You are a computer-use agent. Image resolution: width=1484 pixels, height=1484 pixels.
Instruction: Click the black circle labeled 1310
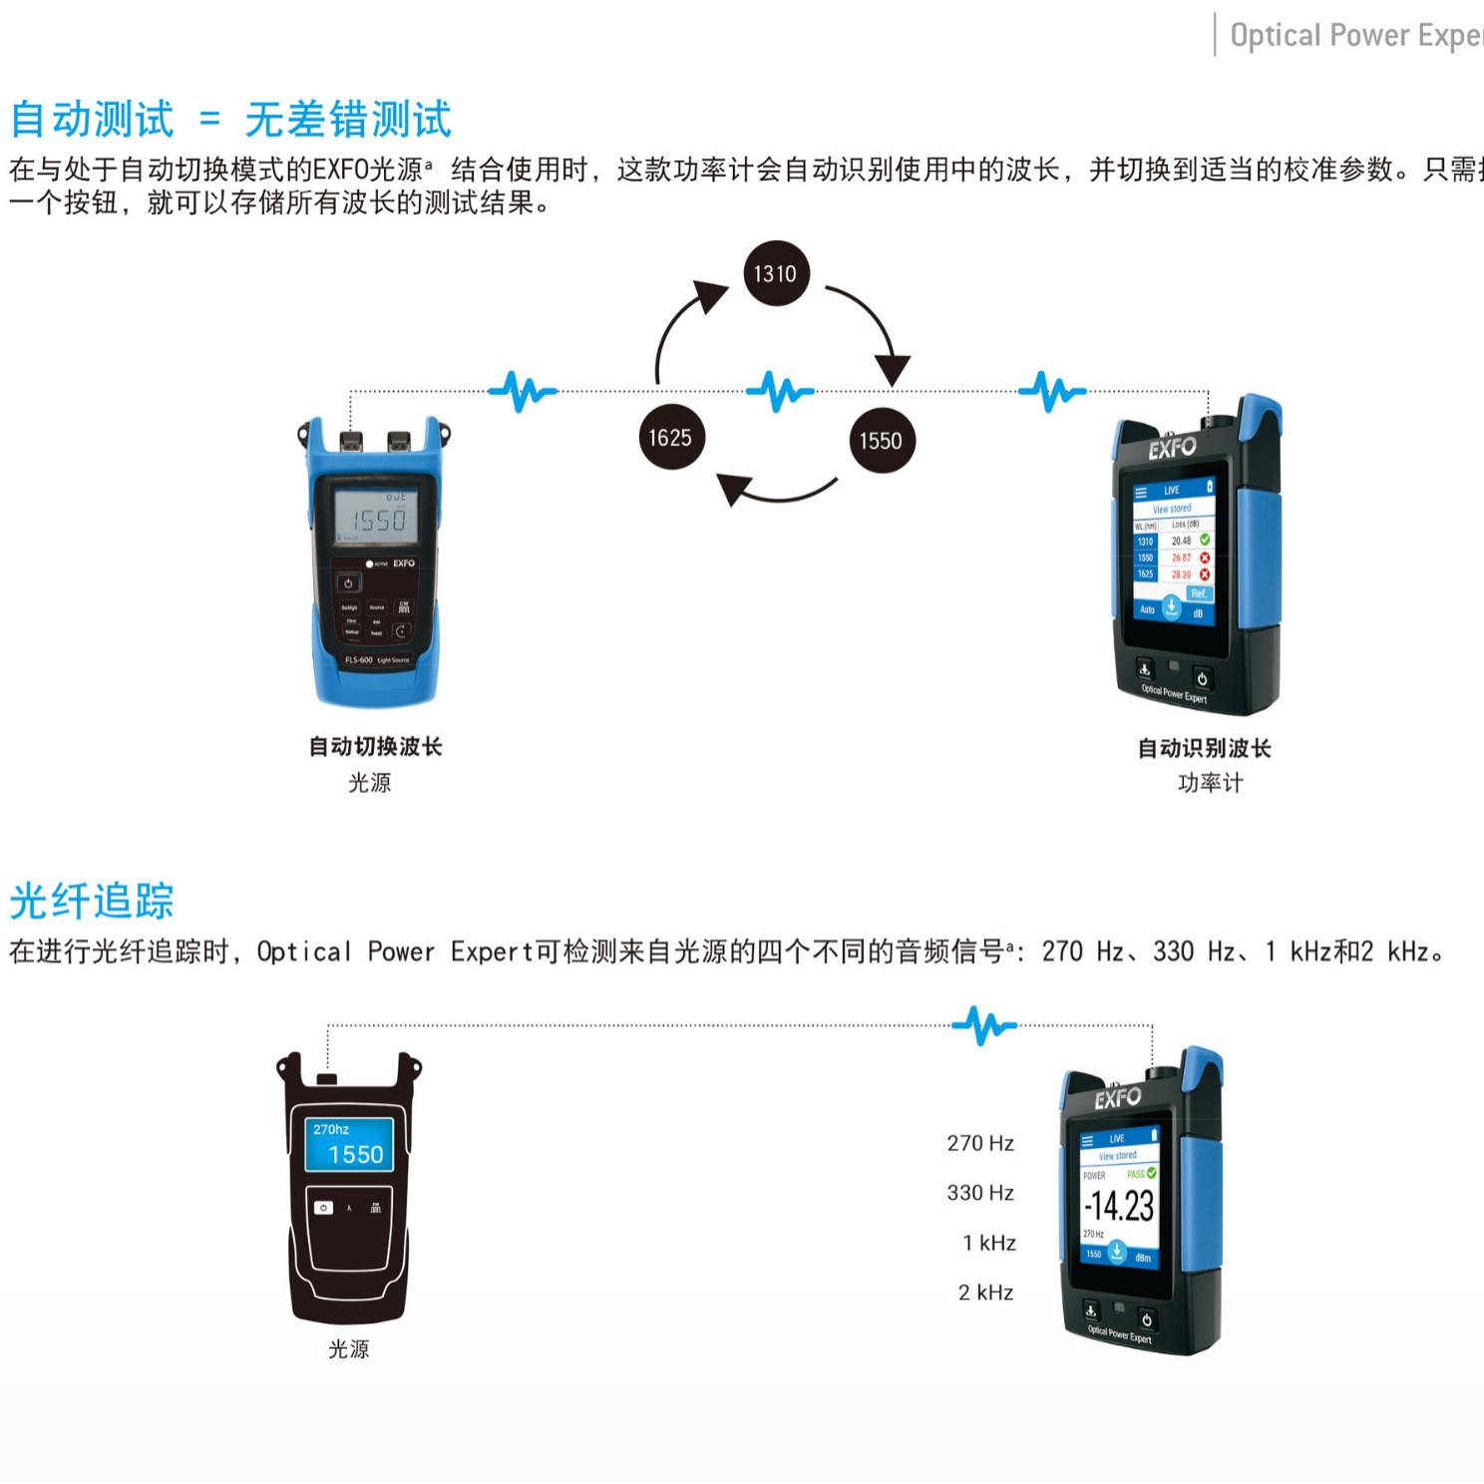[x=775, y=273]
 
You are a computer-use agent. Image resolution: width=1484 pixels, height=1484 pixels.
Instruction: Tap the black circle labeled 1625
[x=670, y=437]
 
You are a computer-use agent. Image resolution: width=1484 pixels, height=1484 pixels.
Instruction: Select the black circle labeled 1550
[x=881, y=440]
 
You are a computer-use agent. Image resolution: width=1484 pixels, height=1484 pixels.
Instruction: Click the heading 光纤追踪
[x=92, y=902]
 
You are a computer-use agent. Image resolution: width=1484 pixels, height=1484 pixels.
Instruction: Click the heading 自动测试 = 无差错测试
[x=230, y=120]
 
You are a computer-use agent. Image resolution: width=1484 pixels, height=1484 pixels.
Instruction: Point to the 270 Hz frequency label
[x=980, y=1143]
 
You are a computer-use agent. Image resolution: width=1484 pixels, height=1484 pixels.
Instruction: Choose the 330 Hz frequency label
[x=980, y=1193]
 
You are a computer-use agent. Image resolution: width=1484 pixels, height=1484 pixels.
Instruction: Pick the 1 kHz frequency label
[x=988, y=1243]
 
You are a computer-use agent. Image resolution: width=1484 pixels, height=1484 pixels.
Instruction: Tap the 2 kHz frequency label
[x=985, y=1293]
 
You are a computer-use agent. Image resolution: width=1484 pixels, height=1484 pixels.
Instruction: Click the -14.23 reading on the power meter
[x=1120, y=1206]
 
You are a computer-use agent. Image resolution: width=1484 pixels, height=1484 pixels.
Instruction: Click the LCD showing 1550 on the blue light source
[x=376, y=517]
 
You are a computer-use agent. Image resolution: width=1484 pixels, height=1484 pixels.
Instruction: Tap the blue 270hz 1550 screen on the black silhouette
[x=348, y=1143]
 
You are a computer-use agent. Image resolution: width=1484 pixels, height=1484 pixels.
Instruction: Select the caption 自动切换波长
[x=375, y=746]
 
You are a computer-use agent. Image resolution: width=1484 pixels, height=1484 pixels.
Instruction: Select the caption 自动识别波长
[x=1205, y=748]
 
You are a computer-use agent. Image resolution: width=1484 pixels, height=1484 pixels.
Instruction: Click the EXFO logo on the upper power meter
[x=1171, y=448]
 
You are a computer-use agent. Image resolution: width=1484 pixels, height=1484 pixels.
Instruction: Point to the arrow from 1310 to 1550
[x=874, y=324]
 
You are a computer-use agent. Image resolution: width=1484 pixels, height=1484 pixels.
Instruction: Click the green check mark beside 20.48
[x=1205, y=540]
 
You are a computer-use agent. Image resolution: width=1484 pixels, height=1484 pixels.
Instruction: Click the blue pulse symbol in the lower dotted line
[x=983, y=1024]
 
